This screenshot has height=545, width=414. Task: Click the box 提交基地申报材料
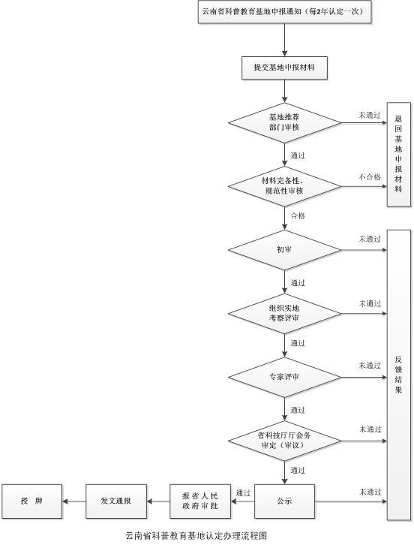pos(284,68)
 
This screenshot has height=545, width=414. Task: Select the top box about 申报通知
pos(284,12)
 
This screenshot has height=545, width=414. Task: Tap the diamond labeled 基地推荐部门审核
pos(284,122)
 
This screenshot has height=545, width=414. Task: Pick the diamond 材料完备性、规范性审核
pos(284,186)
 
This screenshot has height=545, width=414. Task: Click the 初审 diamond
pos(284,250)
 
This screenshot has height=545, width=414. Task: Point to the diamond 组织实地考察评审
pos(284,314)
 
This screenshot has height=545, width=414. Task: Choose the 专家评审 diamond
pos(284,377)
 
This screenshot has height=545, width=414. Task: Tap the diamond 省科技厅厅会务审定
pos(284,441)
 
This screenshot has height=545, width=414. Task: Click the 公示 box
pos(284,501)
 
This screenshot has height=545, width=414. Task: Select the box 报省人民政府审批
pos(200,501)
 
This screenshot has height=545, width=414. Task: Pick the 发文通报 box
pos(116,501)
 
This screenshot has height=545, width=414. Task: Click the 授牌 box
pos(32,501)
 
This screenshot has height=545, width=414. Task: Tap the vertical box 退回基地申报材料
pos(399,155)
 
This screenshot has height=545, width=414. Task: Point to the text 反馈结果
pos(398,375)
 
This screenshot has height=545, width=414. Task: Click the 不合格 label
pos(370,177)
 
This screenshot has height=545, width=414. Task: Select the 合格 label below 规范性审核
pos(298,216)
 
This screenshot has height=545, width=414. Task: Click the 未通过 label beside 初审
pos(370,239)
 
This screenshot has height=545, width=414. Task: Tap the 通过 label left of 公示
pos(243,493)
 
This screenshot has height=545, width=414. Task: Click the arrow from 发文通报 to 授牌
pos(74,501)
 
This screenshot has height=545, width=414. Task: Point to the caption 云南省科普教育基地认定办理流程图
pos(196,535)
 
